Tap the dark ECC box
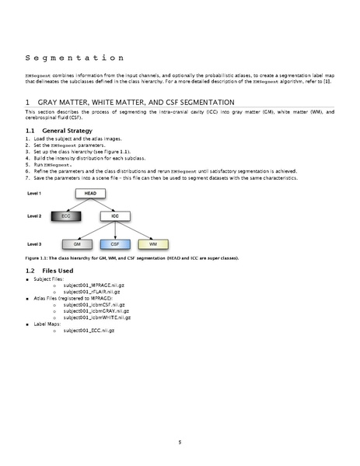(65, 215)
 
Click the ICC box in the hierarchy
(114, 215)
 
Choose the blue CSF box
(114, 244)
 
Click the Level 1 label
(34, 192)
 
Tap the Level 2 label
(34, 215)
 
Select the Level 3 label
(34, 244)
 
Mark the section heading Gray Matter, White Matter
(140, 102)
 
